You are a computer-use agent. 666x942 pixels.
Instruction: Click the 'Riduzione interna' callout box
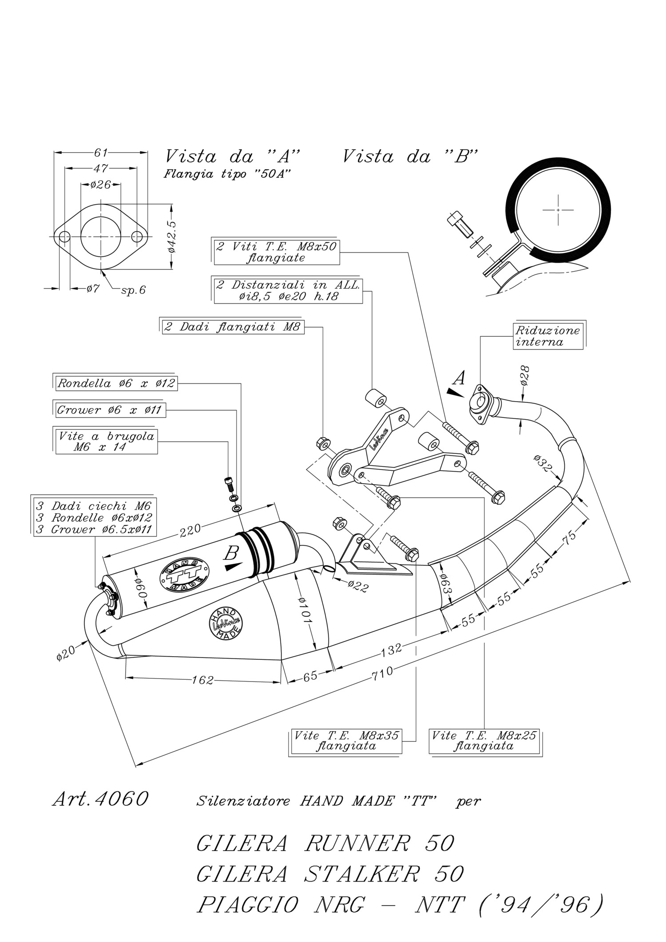pos(548,336)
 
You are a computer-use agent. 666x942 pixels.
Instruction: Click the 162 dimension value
pos(203,680)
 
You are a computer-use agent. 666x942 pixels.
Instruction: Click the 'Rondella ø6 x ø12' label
pos(116,383)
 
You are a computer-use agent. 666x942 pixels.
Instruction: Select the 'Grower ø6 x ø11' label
pos(109,410)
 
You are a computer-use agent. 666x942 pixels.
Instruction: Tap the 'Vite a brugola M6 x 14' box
pos(106,441)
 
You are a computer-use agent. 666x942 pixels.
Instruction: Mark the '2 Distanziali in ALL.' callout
pos(288,291)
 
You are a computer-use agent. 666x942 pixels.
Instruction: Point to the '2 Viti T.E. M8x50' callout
pos(277,252)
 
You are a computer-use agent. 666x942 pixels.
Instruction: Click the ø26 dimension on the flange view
pos(100,185)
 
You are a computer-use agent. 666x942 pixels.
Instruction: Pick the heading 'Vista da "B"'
pos(411,157)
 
